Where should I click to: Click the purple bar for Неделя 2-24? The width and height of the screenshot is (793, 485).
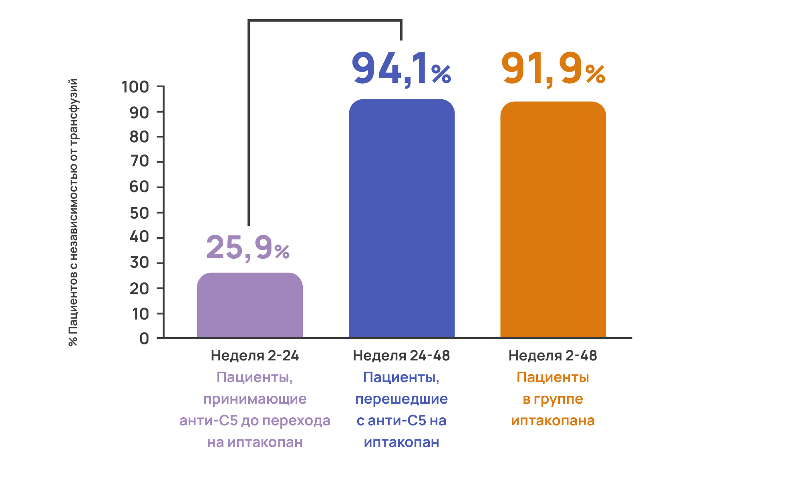250,305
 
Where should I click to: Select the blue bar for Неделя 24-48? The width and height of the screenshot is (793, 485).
402,218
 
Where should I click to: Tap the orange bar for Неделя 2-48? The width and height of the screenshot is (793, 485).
553,219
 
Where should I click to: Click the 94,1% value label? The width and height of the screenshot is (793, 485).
401,69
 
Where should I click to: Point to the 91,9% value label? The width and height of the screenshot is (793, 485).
553,69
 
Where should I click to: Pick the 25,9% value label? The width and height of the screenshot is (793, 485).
248,248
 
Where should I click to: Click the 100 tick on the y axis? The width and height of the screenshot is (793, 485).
135,87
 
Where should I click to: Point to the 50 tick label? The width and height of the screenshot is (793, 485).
139,213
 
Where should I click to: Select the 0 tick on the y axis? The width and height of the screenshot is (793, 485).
144,339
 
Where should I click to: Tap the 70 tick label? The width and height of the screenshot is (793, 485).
139,161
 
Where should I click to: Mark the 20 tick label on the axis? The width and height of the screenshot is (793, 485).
139,289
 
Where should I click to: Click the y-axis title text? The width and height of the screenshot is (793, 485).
73,212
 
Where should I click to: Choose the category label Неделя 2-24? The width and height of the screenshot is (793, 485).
255,356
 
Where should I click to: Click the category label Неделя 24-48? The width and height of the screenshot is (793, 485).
401,356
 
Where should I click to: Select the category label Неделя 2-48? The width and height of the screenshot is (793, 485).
553,356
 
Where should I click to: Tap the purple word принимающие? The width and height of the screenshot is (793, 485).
255,399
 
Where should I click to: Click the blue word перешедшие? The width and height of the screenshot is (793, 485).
401,399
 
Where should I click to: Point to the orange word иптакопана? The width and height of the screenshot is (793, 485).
553,421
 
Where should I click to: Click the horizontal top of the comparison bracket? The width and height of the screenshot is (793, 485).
325,20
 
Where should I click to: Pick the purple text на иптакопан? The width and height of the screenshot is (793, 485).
255,443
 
